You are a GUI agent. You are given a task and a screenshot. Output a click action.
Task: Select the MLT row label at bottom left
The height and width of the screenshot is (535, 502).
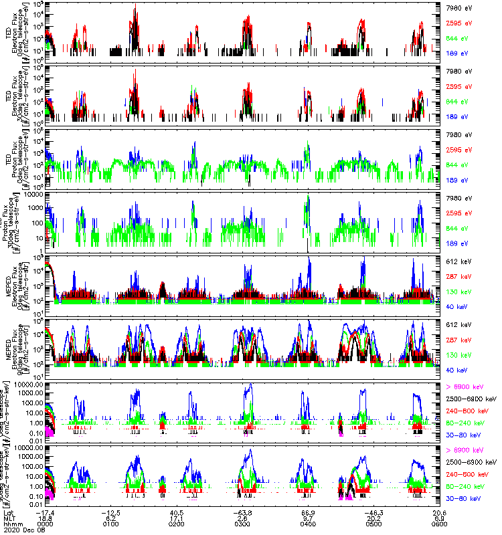9,517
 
